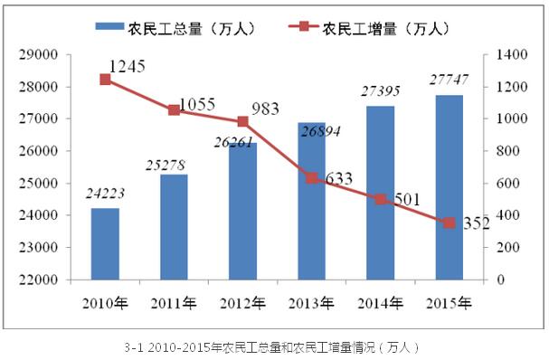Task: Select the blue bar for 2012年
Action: pyautogui.click(x=242, y=212)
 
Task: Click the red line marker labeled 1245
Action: pyautogui.click(x=105, y=80)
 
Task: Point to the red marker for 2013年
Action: pyautogui.click(x=311, y=178)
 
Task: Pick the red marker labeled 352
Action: pyautogui.click(x=449, y=223)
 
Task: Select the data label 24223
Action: pyautogui.click(x=105, y=193)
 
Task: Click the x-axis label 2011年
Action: pyautogui.click(x=174, y=300)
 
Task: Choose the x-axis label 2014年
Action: pyautogui.click(x=380, y=300)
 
